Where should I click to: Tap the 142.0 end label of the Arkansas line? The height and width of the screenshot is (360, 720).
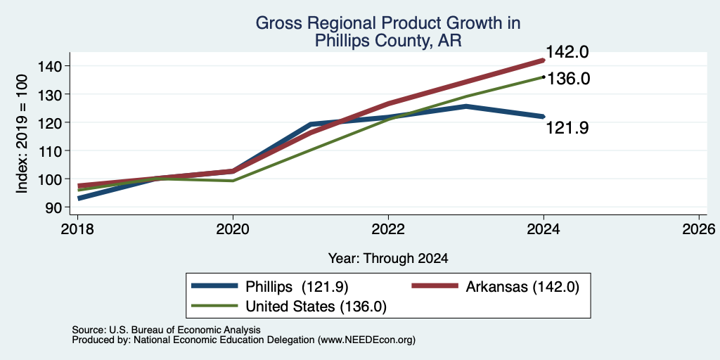coord(567,52)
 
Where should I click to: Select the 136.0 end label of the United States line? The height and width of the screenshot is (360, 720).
coord(569,79)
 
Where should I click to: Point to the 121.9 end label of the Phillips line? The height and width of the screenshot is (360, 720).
coord(567,128)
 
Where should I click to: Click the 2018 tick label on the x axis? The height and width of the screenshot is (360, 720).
coord(77,229)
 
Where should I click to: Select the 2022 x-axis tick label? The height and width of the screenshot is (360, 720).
coord(388,229)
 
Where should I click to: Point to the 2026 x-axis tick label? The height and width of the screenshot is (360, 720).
coord(699,229)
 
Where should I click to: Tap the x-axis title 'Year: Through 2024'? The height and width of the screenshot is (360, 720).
coord(388,258)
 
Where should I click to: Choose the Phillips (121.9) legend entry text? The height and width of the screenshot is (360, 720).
coord(297,287)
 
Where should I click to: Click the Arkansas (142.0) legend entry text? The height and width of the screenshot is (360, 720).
coord(522,287)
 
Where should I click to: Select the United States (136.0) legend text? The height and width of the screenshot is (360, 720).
coord(316,307)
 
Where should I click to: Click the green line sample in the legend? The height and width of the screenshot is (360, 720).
coord(214,306)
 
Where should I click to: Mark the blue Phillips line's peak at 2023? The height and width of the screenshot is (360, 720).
coord(466,106)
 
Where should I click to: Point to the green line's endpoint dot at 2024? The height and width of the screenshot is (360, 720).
coord(544,77)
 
